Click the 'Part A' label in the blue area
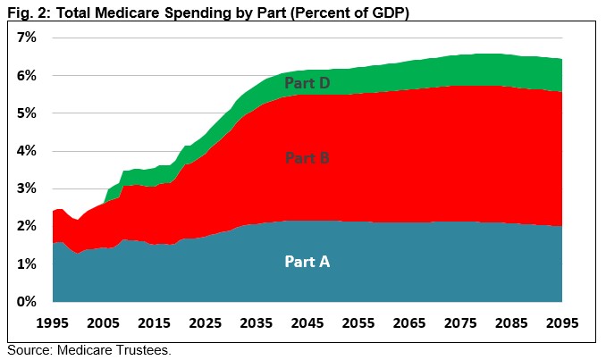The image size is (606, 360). pos(307,262)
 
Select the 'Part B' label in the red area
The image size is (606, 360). pos(307,158)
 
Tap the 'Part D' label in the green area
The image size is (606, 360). pos(307,83)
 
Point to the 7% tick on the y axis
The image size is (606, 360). pos(25,38)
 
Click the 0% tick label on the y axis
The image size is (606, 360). pos(25,302)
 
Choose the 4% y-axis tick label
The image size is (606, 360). pos(25,151)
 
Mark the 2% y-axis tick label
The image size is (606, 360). pos(25,227)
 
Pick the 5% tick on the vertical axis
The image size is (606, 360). pos(25,113)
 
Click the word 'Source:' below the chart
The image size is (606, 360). pos(29,349)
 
